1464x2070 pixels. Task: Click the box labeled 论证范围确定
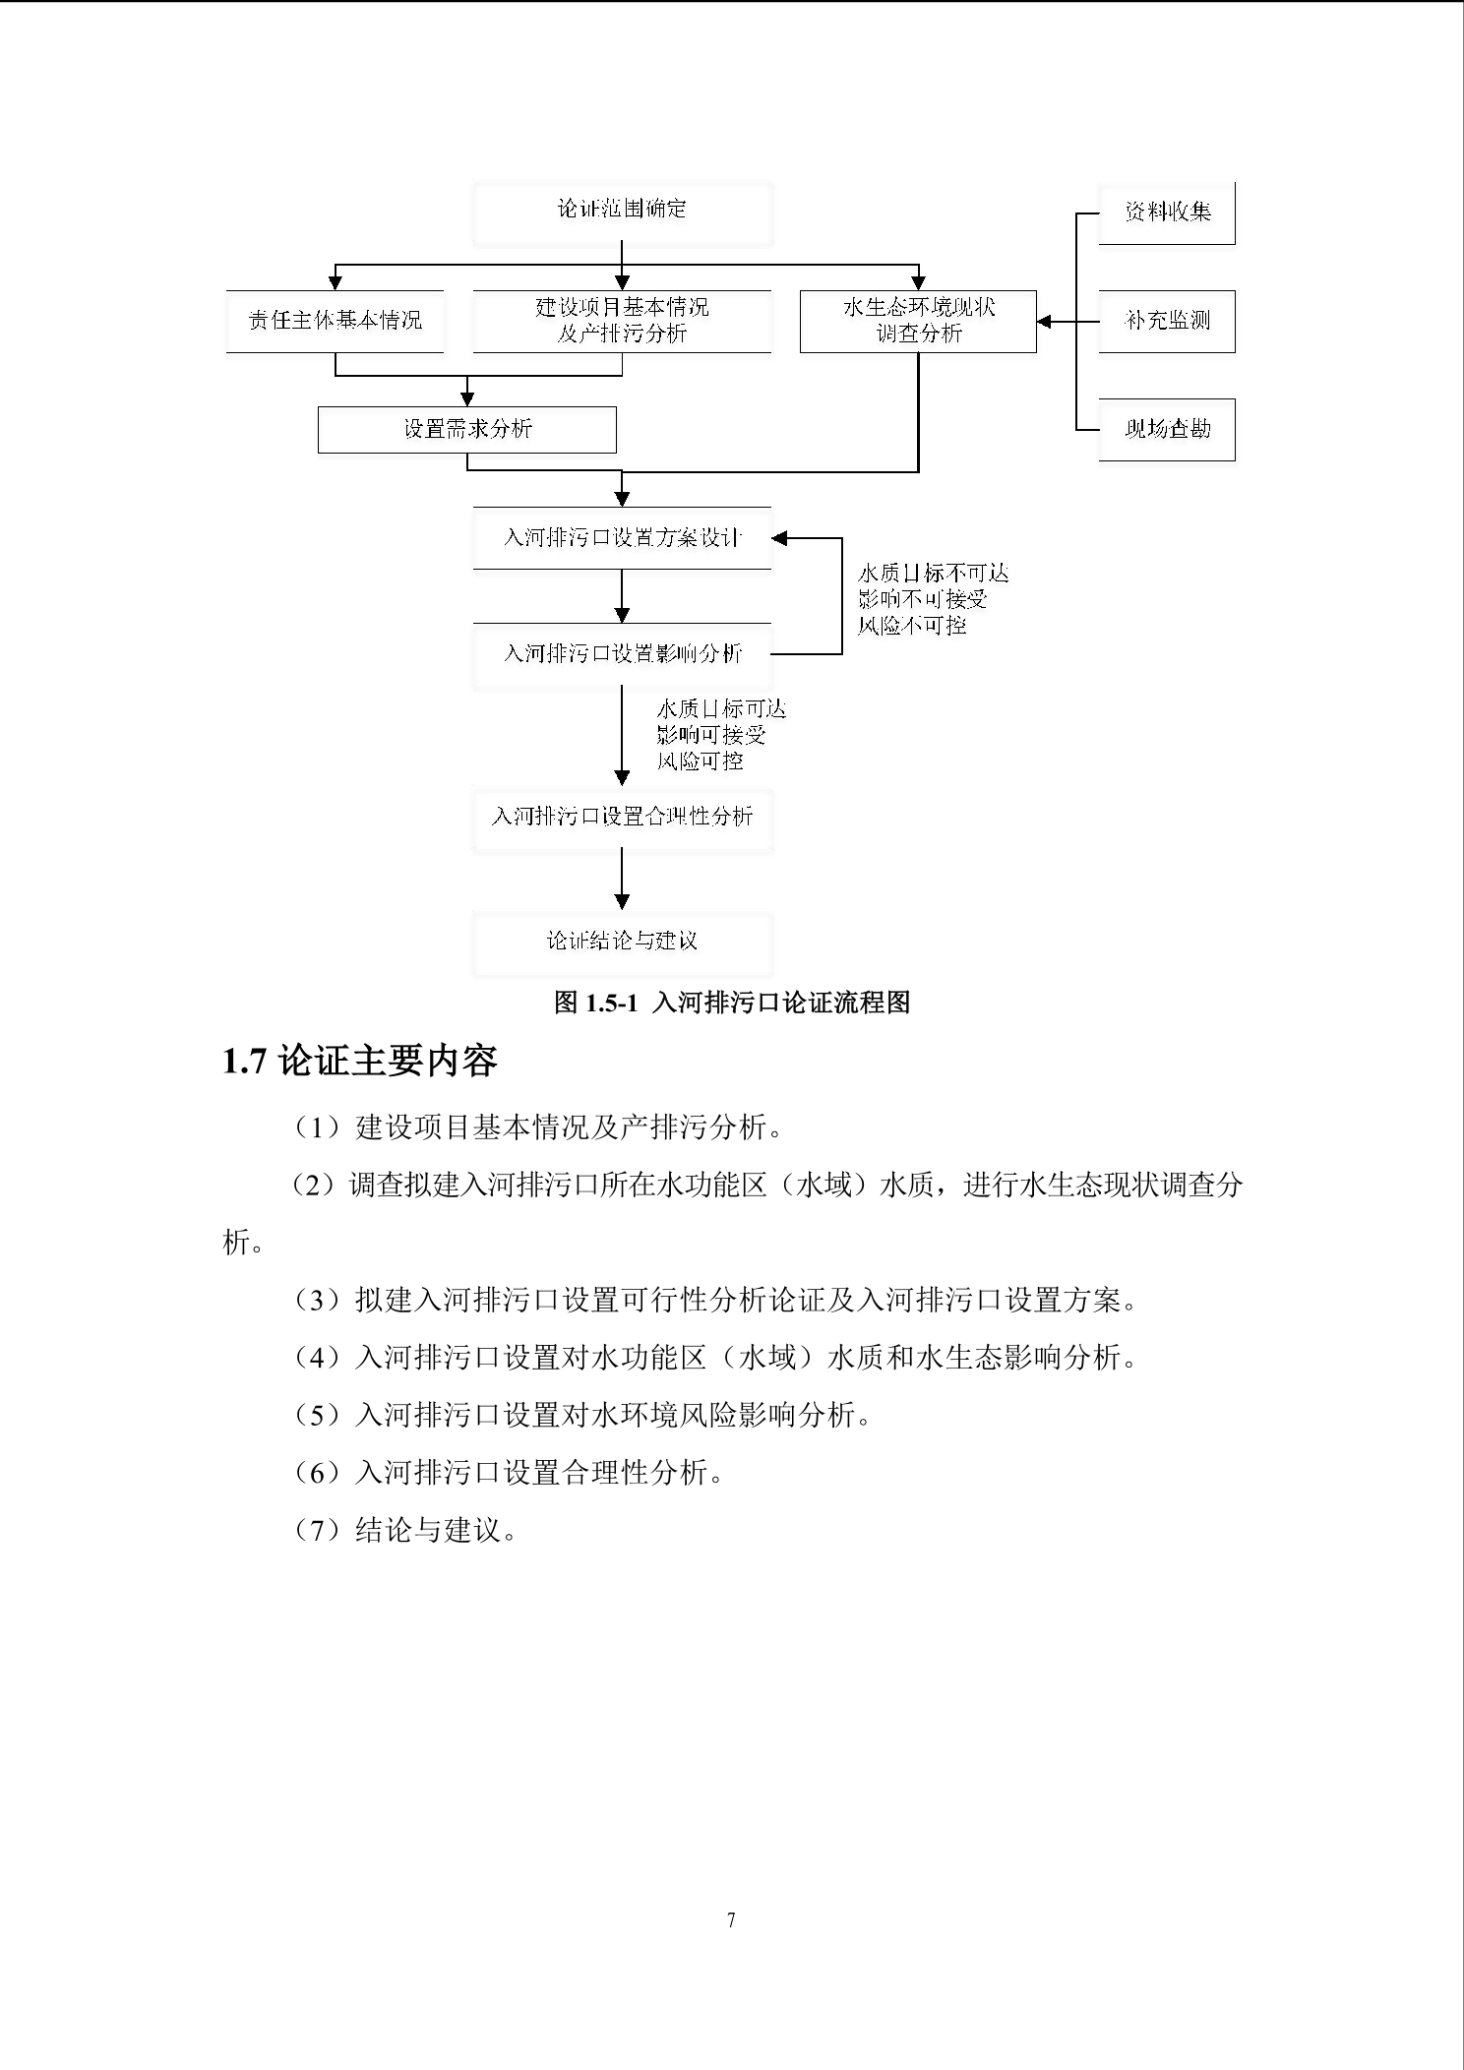pyautogui.click(x=622, y=211)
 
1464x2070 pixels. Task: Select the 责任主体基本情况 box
pyautogui.click(x=335, y=321)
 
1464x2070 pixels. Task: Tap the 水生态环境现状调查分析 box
pyautogui.click(x=918, y=321)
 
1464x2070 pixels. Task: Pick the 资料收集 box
pyautogui.click(x=1167, y=212)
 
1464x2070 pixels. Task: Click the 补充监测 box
pyautogui.click(x=1167, y=321)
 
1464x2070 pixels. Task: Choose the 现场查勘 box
pyautogui.click(x=1167, y=429)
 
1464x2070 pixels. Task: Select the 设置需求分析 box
pyautogui.click(x=467, y=429)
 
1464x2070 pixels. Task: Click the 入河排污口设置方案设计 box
pyautogui.click(x=622, y=538)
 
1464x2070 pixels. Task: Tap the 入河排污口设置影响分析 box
pyautogui.click(x=622, y=653)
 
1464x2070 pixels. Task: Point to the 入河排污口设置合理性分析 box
pyautogui.click(x=622, y=817)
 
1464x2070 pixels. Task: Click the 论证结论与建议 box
pyautogui.click(x=622, y=942)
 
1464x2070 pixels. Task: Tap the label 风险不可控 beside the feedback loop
pyautogui.click(x=912, y=626)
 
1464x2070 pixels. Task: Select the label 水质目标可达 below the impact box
pyautogui.click(x=721, y=709)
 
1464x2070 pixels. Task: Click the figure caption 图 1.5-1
pyautogui.click(x=732, y=1003)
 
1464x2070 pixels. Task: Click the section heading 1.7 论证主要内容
pyautogui.click(x=360, y=1061)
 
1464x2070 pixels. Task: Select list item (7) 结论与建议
pyautogui.click(x=407, y=1530)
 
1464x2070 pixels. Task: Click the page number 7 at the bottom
pyautogui.click(x=731, y=1919)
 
